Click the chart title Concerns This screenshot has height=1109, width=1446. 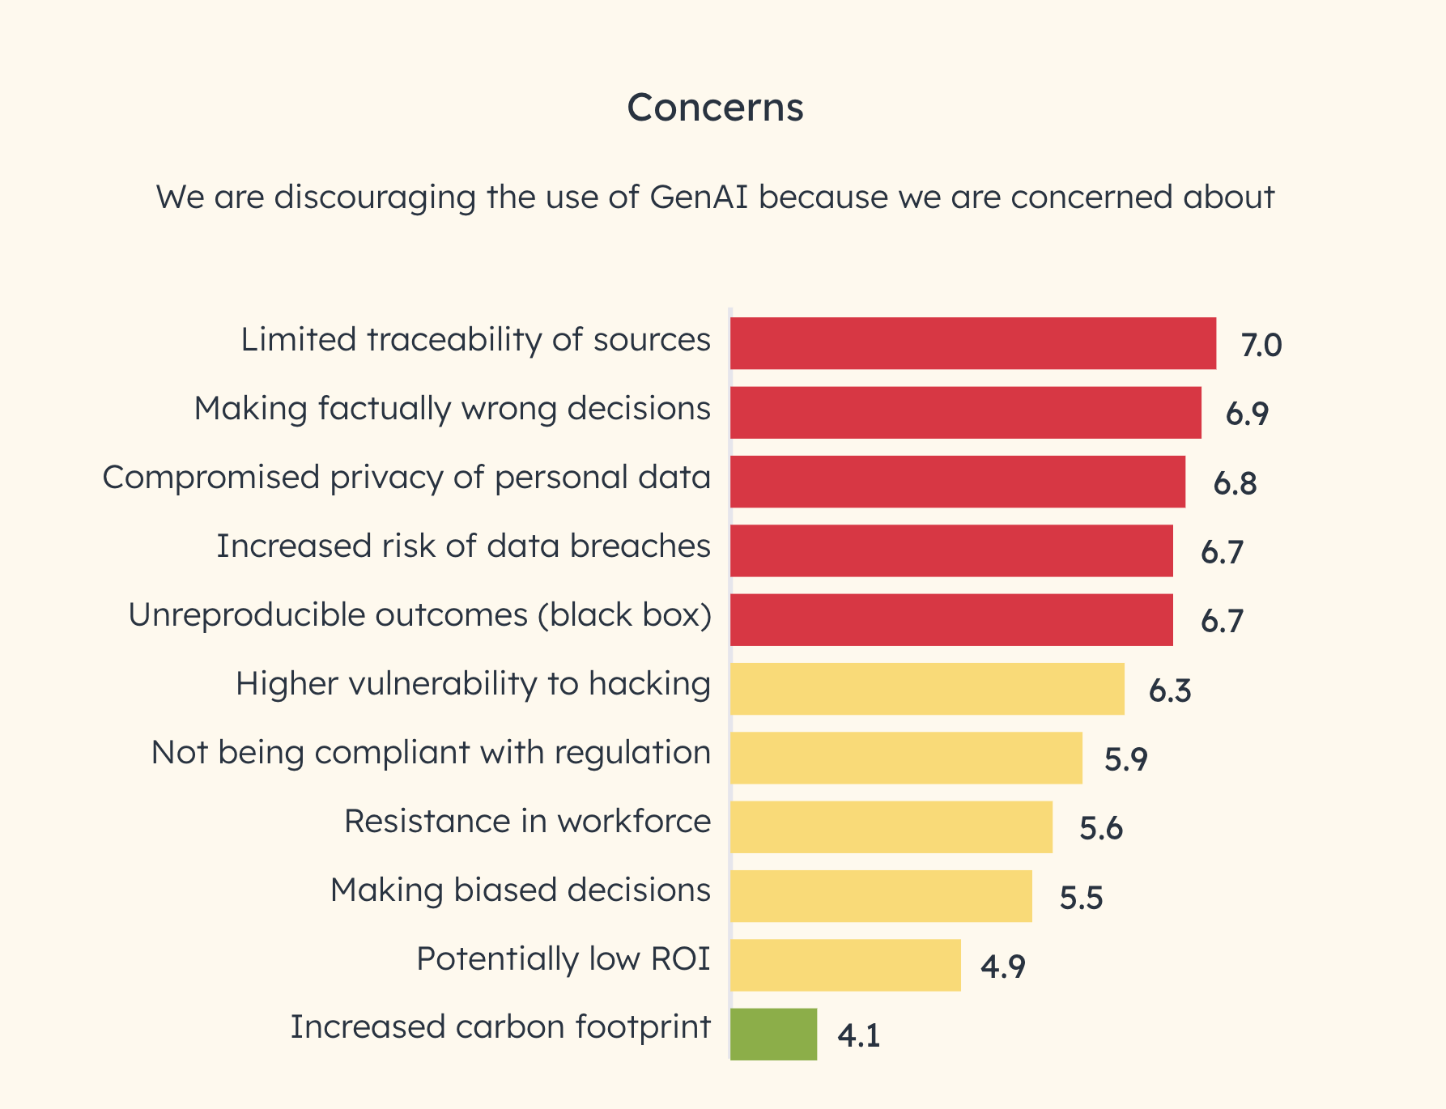pos(715,107)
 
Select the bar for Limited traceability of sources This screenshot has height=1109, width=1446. pos(972,343)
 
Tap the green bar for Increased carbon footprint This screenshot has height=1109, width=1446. pos(773,1034)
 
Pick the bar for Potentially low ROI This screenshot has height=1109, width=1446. pos(845,965)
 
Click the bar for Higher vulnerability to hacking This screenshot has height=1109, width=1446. pos(927,689)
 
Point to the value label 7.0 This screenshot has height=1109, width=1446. pos(1261,346)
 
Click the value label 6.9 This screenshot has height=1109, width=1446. pos(1247,414)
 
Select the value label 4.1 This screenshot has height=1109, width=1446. pos(858,1036)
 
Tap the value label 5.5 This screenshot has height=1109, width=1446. pos(1081,899)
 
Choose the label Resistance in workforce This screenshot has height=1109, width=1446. pos(527,821)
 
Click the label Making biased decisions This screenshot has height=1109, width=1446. pos(520,890)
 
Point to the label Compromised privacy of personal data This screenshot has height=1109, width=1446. pos(406,477)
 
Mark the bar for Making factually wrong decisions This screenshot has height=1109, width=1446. pos(965,413)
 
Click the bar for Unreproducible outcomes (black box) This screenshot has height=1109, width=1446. pos(951,620)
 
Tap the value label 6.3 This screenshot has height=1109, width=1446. pos(1170,691)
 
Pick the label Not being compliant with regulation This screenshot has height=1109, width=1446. pos(431,752)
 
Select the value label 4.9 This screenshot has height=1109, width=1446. pos(1003,967)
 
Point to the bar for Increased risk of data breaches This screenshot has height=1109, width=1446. pos(951,550)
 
